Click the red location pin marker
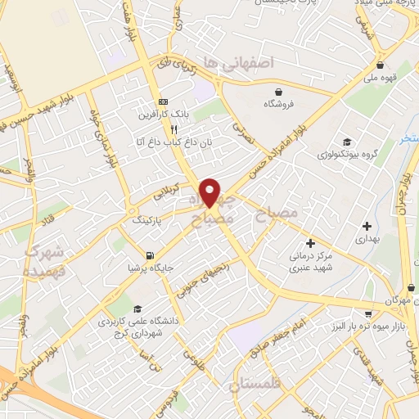(x=211, y=192)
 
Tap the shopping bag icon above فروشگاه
(x=279, y=91)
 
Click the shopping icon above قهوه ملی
(x=380, y=65)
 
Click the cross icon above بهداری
(x=367, y=225)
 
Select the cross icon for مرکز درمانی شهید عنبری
(x=310, y=243)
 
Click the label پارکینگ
(x=147, y=220)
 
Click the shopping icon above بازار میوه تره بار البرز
(x=370, y=313)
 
